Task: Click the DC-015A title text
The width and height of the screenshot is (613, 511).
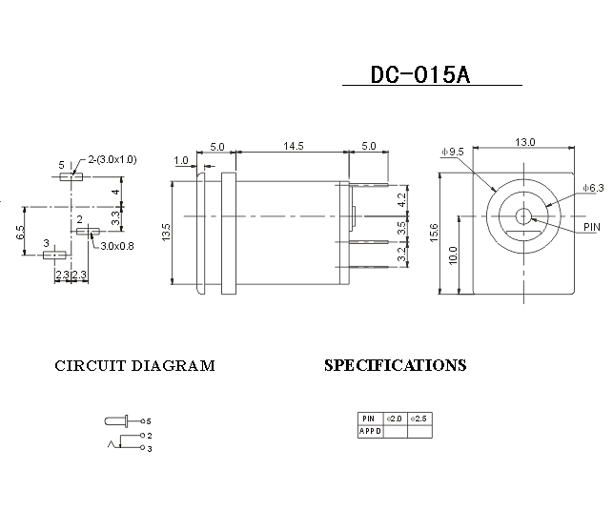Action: [x=419, y=75]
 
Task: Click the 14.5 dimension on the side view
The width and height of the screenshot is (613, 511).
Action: [x=293, y=146]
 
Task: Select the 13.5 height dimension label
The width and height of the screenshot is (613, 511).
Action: [x=168, y=231]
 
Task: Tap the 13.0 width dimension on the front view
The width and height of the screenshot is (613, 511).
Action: [x=525, y=142]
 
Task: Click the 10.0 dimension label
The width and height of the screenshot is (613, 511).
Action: [x=454, y=255]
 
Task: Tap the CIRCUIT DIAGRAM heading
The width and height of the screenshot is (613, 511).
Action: [x=134, y=366]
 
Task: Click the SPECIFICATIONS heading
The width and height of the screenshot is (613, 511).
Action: [x=396, y=365]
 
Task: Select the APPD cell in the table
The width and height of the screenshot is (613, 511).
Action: [x=370, y=431]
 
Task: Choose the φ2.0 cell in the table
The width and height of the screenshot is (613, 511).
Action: [x=394, y=419]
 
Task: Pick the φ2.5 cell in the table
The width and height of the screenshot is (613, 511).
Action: [x=419, y=419]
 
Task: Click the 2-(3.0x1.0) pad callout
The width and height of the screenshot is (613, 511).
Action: [x=112, y=160]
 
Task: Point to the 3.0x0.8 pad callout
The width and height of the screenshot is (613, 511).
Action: [x=118, y=245]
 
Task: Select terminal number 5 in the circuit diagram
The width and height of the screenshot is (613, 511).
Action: [x=149, y=420]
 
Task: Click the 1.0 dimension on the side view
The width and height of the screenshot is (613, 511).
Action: [x=181, y=161]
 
